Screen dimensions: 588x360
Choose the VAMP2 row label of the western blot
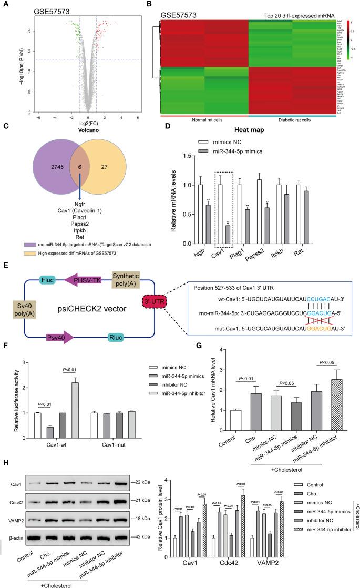18,531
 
